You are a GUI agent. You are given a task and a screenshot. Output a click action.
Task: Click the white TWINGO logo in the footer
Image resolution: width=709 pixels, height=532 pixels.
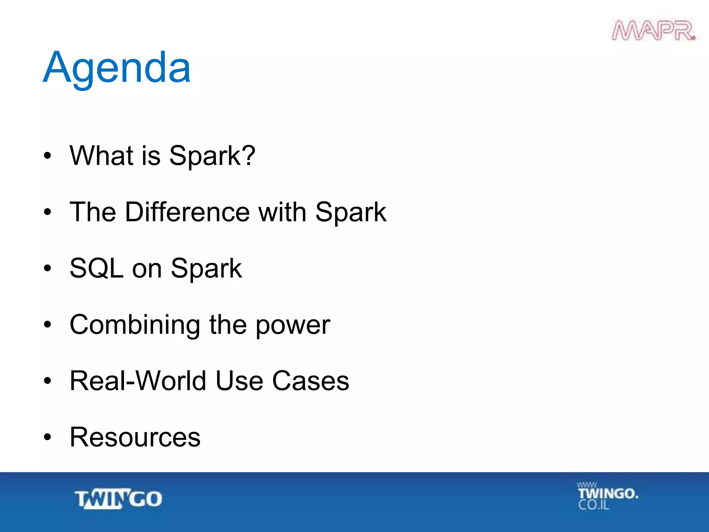point(118,499)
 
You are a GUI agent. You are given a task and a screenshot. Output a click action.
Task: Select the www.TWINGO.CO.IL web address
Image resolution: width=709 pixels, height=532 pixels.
point(607,496)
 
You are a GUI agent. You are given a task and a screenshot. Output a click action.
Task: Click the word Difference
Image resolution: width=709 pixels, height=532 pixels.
point(187,212)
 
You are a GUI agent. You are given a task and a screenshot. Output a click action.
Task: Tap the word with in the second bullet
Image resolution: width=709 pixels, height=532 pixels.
point(282,212)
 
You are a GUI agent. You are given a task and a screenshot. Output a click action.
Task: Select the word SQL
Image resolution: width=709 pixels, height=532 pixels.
point(96,268)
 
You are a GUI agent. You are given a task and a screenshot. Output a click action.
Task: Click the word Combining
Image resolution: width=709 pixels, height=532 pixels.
point(135,325)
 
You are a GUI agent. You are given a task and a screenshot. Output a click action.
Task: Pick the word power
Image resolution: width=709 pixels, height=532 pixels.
point(293,326)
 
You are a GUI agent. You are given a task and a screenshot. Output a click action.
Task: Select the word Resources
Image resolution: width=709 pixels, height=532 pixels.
point(135,437)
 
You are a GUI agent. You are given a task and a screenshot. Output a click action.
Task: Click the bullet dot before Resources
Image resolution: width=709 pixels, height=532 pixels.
point(47,437)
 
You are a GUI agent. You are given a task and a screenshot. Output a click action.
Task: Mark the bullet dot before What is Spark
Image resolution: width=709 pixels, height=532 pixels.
point(47,156)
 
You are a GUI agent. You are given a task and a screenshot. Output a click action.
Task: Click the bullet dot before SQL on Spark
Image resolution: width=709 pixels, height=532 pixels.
point(47,268)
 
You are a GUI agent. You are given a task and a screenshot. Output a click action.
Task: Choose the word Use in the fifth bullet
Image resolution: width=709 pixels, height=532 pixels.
point(239,381)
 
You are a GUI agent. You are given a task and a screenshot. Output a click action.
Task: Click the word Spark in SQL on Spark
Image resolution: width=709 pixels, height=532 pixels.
point(206,269)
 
